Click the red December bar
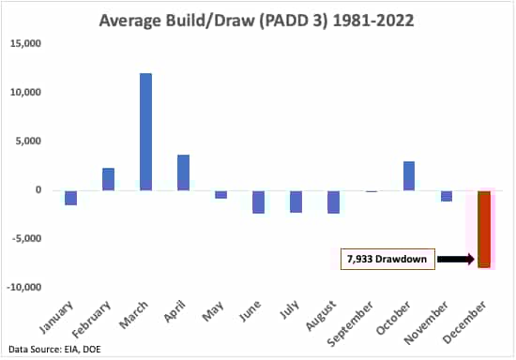click(x=484, y=229)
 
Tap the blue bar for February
click(x=108, y=179)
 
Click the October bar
click(x=409, y=175)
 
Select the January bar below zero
click(x=70, y=197)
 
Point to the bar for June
click(x=258, y=202)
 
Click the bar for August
click(x=334, y=202)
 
